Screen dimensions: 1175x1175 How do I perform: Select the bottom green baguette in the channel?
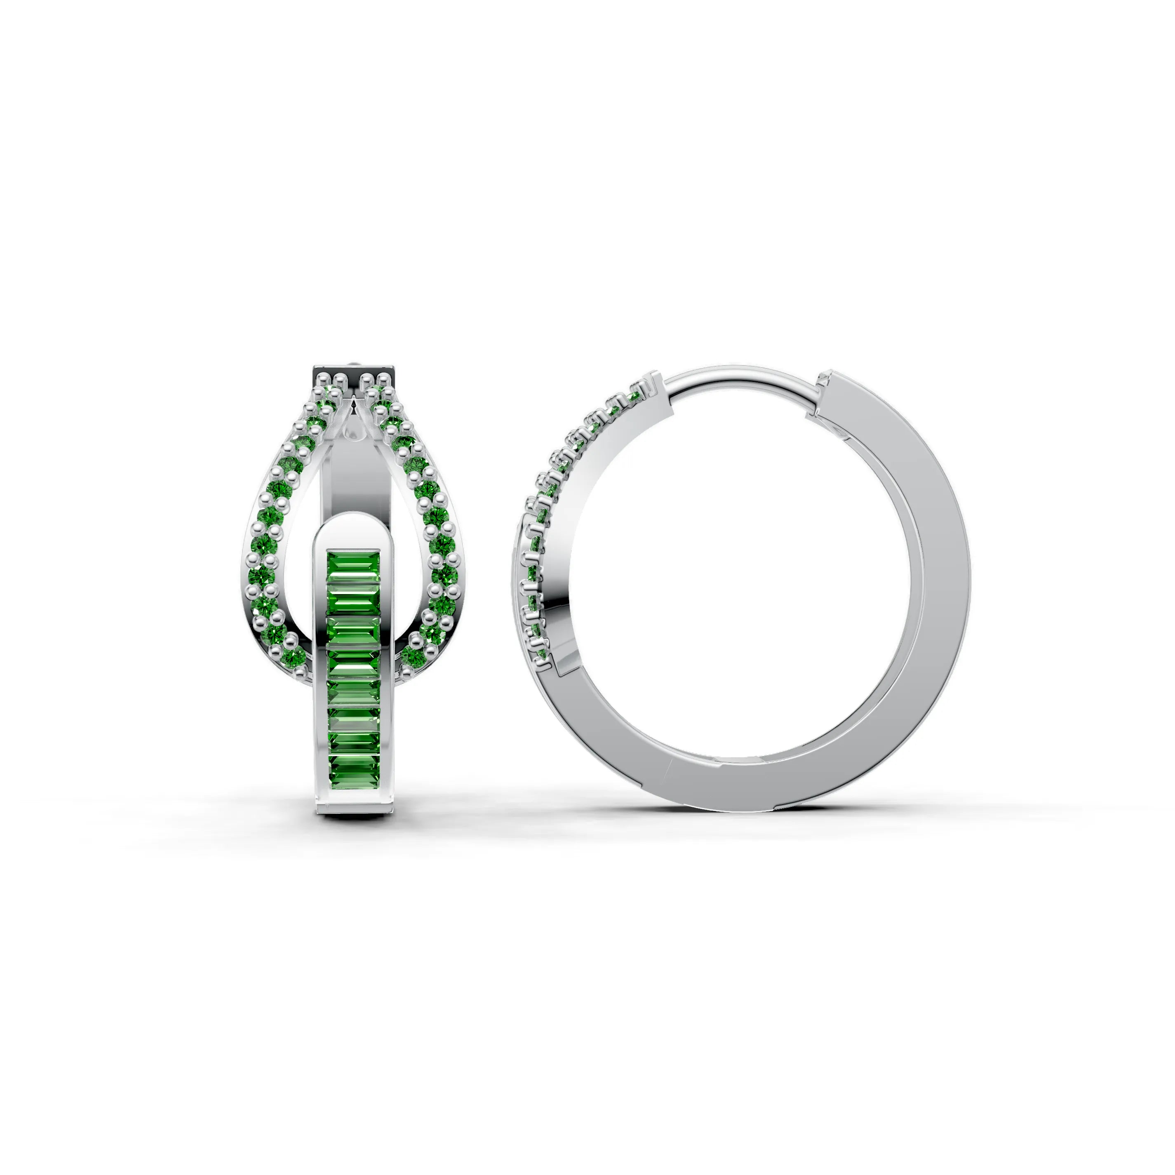pos(353,777)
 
